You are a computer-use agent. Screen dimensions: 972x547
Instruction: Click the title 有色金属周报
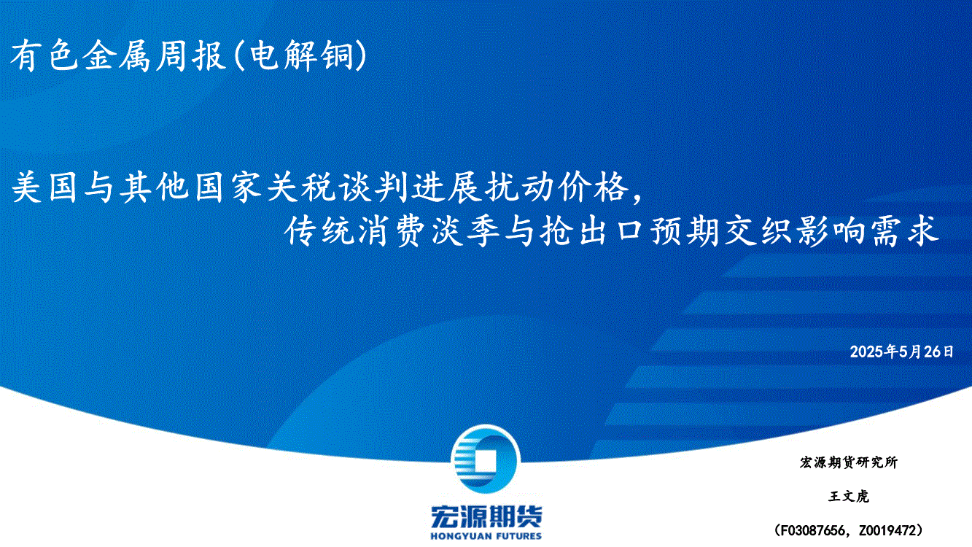118,55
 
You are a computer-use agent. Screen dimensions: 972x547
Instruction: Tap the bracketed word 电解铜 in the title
302,55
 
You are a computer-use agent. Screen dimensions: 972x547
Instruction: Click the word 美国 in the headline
44,187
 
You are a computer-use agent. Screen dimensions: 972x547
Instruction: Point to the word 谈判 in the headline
371,187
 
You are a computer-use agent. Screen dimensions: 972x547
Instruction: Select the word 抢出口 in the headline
591,231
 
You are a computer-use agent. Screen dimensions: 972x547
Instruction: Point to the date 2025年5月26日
901,352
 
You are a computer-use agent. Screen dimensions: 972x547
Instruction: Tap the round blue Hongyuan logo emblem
486,459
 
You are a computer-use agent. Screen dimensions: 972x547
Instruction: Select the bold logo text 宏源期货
486,517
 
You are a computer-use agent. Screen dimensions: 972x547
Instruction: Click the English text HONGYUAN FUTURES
486,536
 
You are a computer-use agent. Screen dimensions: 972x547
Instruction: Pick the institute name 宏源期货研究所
849,462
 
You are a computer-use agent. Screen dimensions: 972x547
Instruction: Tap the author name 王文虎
849,496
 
